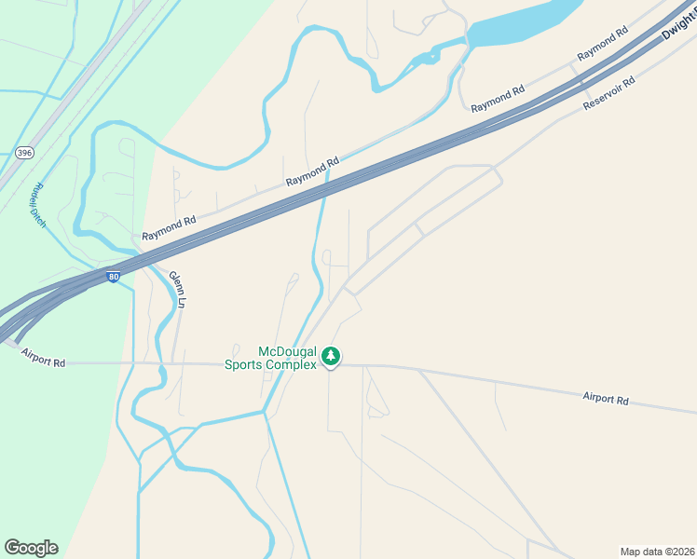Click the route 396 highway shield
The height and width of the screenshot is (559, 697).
(x=24, y=152)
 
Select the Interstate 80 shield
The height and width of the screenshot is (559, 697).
(x=113, y=278)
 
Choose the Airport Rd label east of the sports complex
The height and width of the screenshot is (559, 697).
(x=606, y=399)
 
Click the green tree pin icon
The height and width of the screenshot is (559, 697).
(x=331, y=356)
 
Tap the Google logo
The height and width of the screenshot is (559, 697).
(x=31, y=548)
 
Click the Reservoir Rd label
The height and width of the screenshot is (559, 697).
(x=608, y=93)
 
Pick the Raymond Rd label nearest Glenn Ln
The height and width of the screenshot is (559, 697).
(x=169, y=228)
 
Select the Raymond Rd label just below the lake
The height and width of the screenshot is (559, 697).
(x=498, y=99)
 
